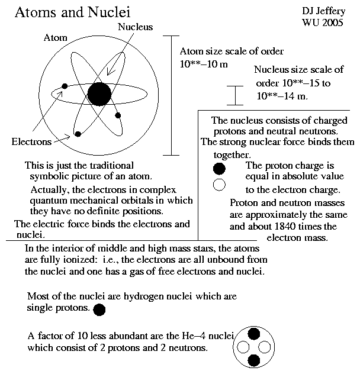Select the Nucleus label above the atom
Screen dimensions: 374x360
point(135,27)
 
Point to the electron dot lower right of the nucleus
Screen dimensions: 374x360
point(118,115)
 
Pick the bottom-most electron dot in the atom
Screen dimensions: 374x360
point(78,134)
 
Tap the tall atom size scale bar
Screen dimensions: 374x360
point(171,95)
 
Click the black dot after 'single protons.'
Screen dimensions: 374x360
point(99,309)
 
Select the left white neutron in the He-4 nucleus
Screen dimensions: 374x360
point(245,346)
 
